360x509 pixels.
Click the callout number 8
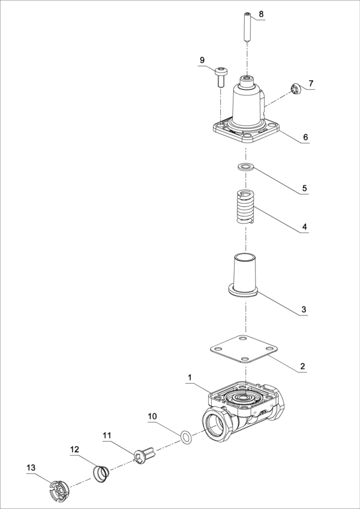[x=261, y=14]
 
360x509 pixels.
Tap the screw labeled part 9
[x=221, y=76]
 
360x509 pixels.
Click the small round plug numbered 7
[x=295, y=89]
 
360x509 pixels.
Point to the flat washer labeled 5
[x=246, y=167]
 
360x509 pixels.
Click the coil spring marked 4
[x=245, y=207]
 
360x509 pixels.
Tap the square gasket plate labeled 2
[x=243, y=349]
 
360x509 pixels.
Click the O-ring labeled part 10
[x=185, y=438]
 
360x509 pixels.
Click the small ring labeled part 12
[x=101, y=474]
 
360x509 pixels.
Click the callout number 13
[x=31, y=468]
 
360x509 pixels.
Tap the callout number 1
[x=190, y=377]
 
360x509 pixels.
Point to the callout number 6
[x=305, y=137]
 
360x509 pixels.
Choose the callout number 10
[x=152, y=416]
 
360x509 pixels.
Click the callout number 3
[x=304, y=309]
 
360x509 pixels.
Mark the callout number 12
[x=75, y=449]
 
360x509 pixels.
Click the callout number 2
[x=302, y=366]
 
